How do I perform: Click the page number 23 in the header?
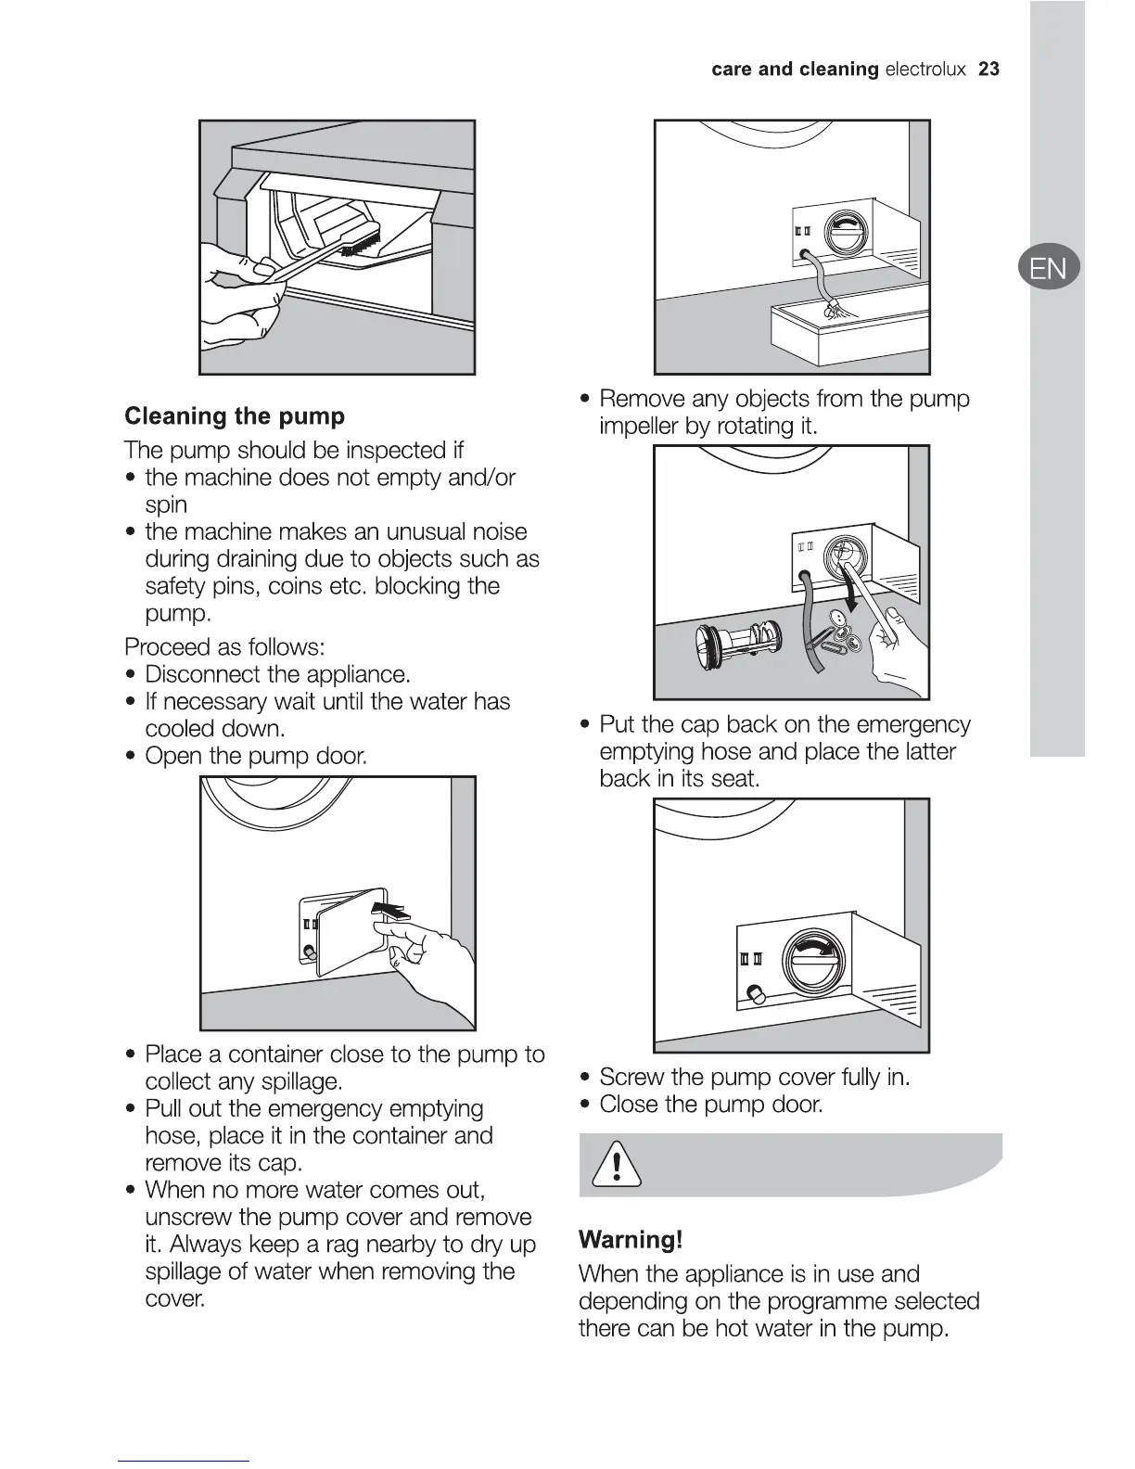point(988,70)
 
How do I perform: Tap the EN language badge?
point(1048,269)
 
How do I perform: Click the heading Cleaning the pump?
point(235,415)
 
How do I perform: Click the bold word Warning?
point(631,1240)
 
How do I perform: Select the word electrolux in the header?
point(925,70)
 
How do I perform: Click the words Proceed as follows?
point(224,646)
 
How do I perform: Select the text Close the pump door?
point(711,1105)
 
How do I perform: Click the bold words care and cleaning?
point(795,70)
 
